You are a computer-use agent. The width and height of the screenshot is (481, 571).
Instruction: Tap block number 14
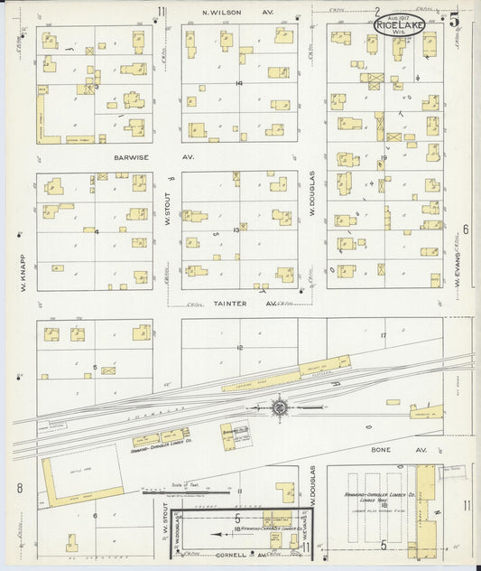[x=239, y=83]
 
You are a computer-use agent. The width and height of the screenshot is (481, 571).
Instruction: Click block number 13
[x=236, y=230]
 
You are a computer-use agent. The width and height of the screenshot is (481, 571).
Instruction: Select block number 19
[x=384, y=157]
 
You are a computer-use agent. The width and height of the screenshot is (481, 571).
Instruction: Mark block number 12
[x=239, y=347]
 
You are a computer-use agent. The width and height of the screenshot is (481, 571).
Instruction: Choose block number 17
[x=383, y=335]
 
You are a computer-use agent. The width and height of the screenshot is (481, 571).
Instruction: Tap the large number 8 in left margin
[x=18, y=489]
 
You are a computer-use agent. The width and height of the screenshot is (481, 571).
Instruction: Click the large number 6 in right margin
[x=465, y=229]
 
